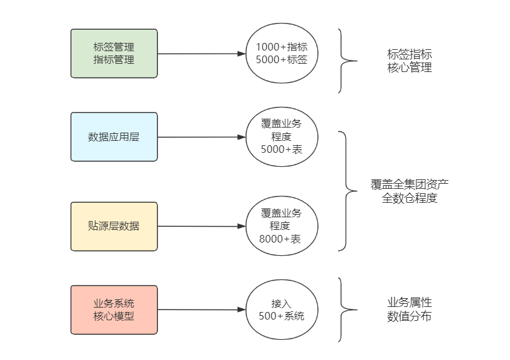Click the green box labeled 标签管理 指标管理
click(x=114, y=54)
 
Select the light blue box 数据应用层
click(x=114, y=137)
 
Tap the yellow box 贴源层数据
click(x=114, y=226)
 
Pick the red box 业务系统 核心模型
click(x=114, y=309)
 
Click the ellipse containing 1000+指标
click(x=281, y=54)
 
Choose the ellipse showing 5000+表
click(x=281, y=137)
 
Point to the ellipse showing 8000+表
click(x=281, y=226)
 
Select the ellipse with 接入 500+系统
click(x=281, y=309)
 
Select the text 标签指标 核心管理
click(x=410, y=61)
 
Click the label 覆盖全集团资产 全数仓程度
click(x=410, y=191)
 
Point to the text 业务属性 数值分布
click(x=410, y=309)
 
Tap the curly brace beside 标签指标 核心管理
click(x=344, y=61)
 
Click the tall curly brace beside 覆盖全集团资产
click(x=346, y=191)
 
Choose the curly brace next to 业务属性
click(x=344, y=309)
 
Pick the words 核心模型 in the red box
click(x=114, y=316)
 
